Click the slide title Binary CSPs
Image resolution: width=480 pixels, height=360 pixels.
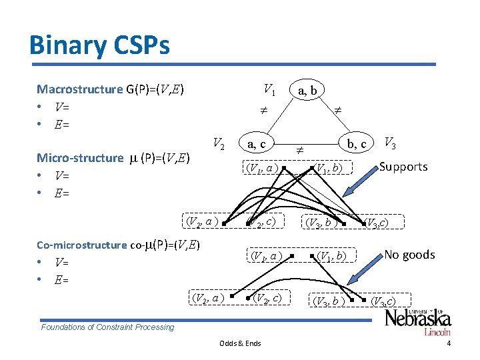point(99,45)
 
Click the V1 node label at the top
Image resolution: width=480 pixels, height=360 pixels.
point(269,88)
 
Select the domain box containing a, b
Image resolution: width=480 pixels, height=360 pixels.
point(307,89)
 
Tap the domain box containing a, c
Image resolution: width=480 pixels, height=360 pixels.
point(256,143)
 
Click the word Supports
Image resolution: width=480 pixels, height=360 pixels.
point(403,167)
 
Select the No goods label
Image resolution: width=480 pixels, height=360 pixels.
point(409,255)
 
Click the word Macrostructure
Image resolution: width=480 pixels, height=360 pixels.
point(80,89)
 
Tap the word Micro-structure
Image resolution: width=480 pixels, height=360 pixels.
point(80,158)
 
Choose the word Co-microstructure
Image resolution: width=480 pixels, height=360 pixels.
point(81,245)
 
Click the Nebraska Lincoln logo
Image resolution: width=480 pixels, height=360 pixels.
point(417,322)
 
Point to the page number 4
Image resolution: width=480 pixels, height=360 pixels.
point(449,343)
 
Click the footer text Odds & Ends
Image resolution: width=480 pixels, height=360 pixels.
point(240,343)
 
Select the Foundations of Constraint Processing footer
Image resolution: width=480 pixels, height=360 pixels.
point(107,327)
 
